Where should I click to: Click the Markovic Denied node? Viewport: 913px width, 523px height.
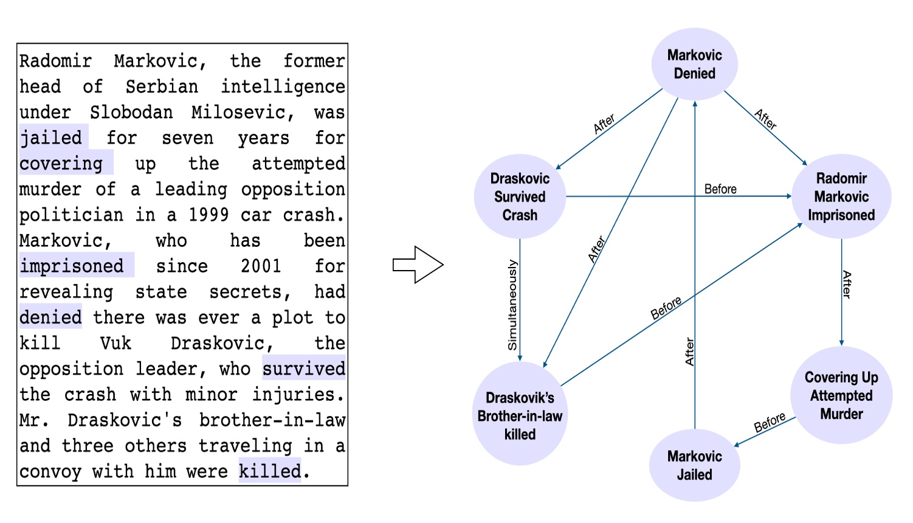(694, 64)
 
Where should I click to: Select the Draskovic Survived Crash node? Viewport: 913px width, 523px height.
(520, 196)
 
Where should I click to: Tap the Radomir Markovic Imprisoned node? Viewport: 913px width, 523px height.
(841, 196)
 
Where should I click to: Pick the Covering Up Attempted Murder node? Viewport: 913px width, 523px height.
(841, 395)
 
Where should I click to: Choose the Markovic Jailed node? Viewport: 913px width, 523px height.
(694, 465)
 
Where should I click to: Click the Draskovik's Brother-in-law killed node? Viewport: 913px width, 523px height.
(520, 415)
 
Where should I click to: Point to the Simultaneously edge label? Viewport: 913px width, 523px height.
(512, 305)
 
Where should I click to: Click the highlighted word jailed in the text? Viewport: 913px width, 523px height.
(51, 137)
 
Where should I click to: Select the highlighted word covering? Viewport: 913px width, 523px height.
(61, 164)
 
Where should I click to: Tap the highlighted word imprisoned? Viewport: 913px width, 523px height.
(72, 266)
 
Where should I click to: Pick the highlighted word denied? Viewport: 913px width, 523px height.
(50, 317)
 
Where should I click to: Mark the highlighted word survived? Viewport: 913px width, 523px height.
(304, 369)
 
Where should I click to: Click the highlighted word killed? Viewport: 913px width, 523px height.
(270, 471)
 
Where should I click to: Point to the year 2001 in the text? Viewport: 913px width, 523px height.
(261, 266)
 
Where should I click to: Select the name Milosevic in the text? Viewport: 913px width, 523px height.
(243, 113)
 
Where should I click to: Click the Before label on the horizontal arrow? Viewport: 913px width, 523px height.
(720, 189)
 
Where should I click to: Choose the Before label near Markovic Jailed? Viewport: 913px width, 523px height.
(770, 423)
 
